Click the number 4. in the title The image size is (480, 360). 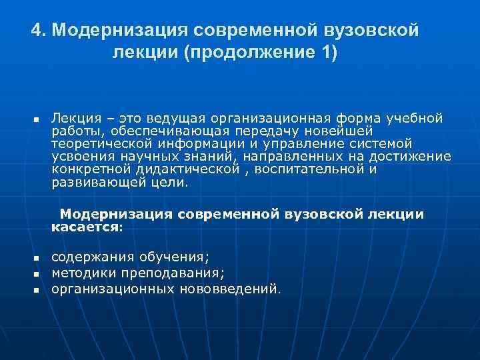click(x=39, y=31)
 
